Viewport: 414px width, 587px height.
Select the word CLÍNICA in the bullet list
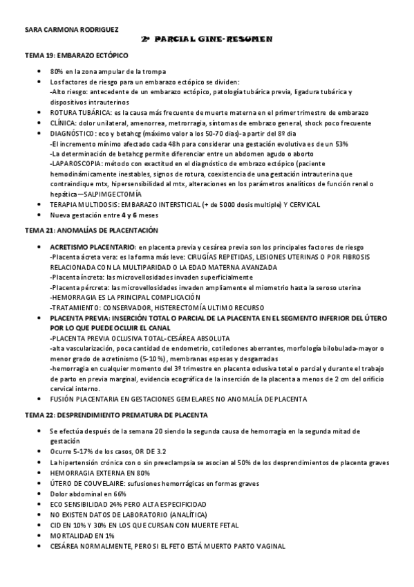[64, 123]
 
